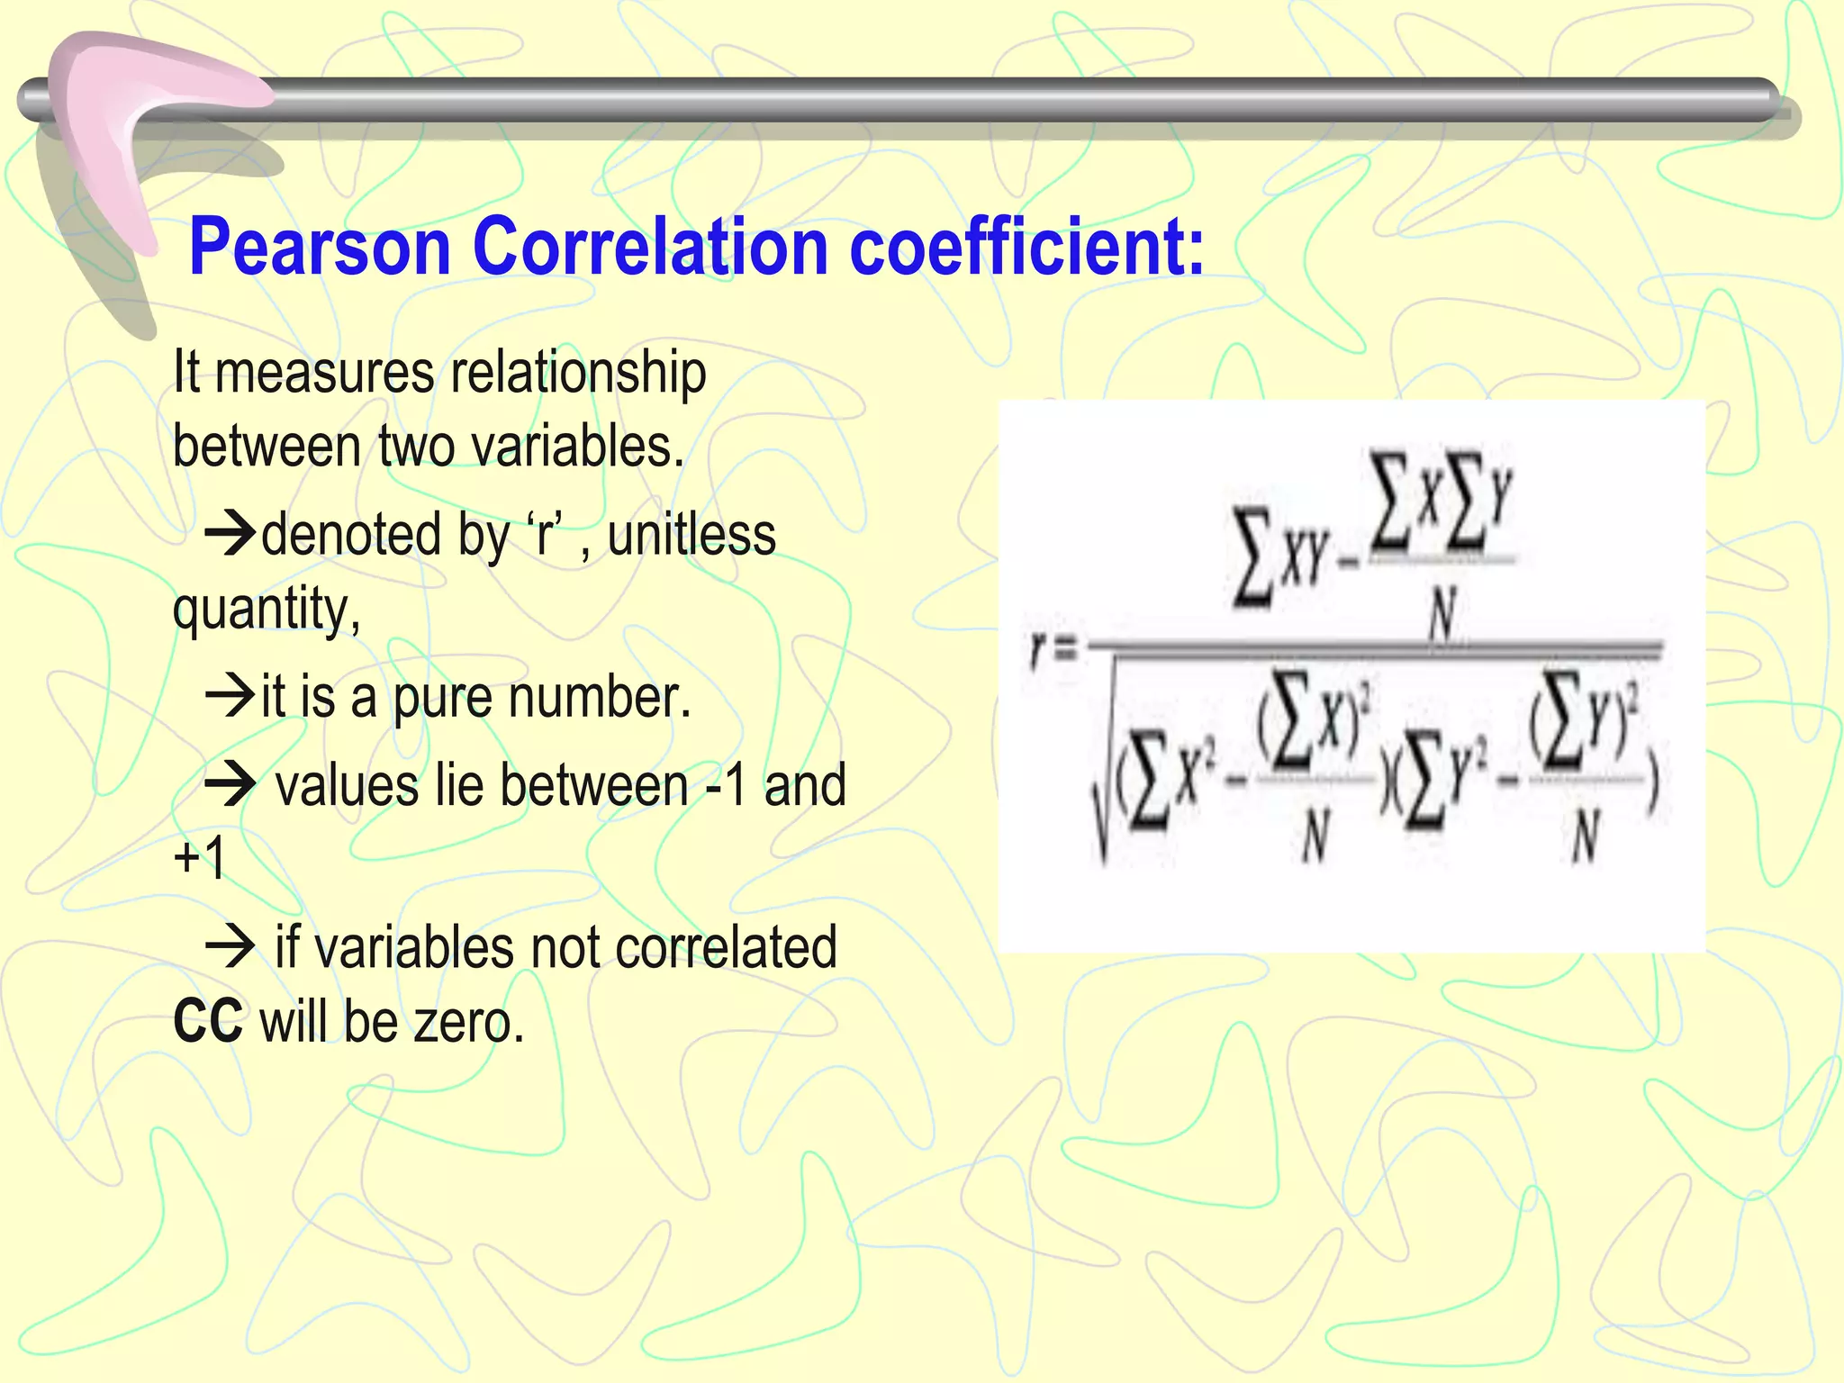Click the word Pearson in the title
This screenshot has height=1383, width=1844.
point(320,248)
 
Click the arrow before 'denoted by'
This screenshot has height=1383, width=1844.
point(231,533)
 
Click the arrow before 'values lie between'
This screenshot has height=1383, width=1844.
point(231,784)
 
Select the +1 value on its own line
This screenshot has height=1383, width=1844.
point(200,857)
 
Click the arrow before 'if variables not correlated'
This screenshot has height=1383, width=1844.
point(231,946)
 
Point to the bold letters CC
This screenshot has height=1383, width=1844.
point(208,1022)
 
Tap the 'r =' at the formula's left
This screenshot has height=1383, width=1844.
point(1051,650)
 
